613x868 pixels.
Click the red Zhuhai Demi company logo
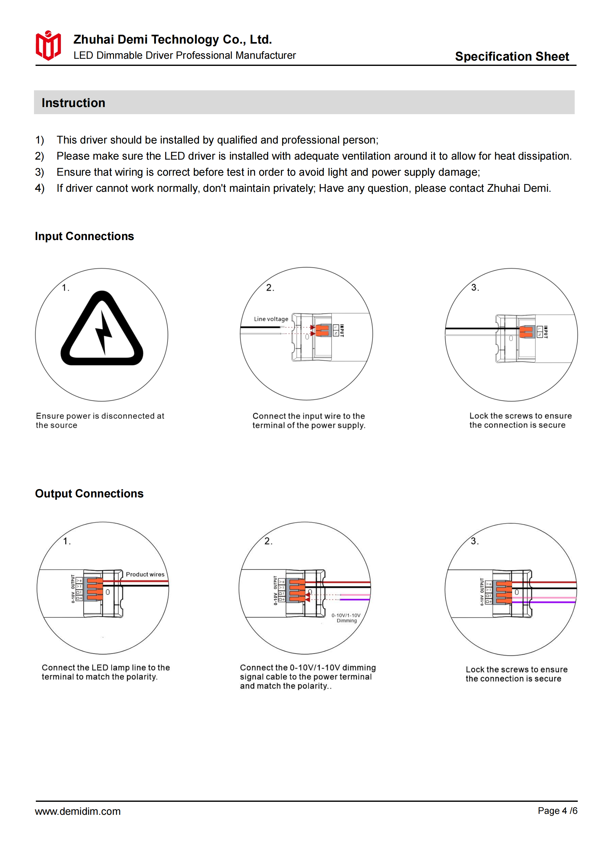(48, 46)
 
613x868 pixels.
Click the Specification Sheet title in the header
(511, 56)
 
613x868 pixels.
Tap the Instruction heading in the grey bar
(73, 103)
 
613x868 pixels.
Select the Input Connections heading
(84, 236)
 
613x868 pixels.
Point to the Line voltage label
(271, 319)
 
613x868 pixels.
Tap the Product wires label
(145, 574)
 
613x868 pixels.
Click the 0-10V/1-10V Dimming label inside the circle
(346, 618)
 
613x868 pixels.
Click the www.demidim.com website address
(78, 811)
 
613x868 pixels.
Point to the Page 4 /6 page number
(557, 810)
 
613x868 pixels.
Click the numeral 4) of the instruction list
(40, 188)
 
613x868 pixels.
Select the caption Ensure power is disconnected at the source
(100, 420)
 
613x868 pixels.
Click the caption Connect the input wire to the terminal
(309, 420)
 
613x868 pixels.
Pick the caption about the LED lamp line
(105, 672)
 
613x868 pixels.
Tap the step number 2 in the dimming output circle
(268, 541)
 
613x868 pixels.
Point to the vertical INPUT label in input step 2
(342, 330)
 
